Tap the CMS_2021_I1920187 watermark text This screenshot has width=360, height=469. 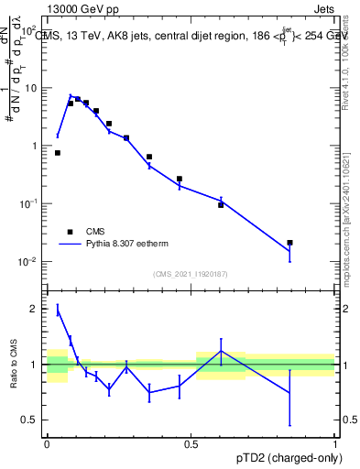[x=190, y=275]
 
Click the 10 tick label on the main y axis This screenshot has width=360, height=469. [x=32, y=88]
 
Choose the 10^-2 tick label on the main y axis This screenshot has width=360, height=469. [x=30, y=262]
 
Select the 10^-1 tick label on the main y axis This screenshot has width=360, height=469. [x=30, y=204]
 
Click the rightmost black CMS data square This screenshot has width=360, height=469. [x=289, y=243]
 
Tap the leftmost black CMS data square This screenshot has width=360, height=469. [x=57, y=153]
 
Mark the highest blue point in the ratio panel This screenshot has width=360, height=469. [x=57, y=310]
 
